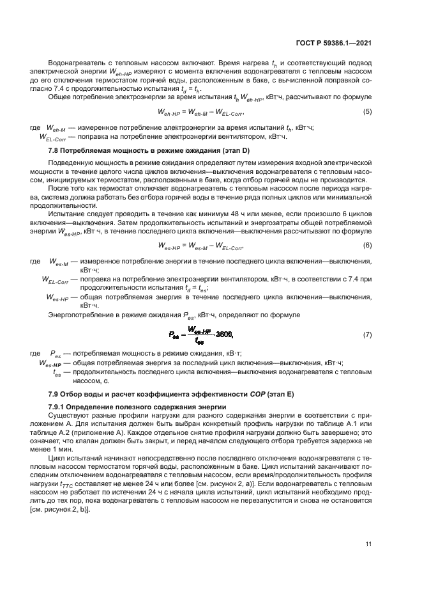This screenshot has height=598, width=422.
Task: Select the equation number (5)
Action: tap(367, 112)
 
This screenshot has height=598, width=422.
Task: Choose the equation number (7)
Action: tap(367, 334)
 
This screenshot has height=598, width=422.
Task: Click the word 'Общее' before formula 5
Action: tap(60, 97)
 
